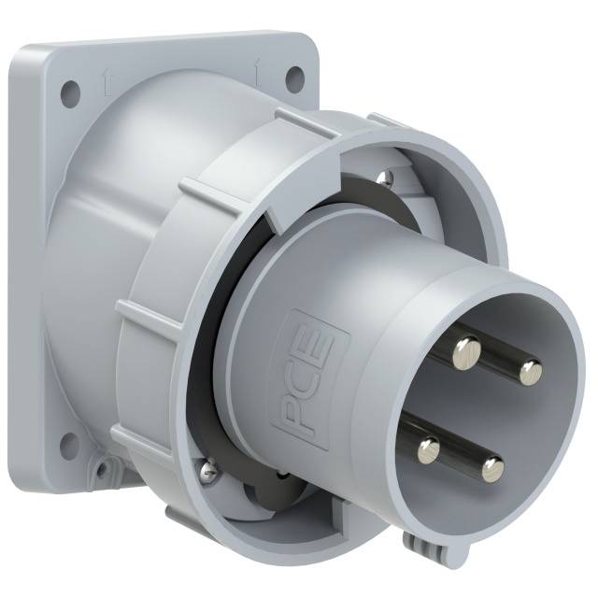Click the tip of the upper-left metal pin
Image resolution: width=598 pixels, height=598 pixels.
pyautogui.click(x=466, y=350)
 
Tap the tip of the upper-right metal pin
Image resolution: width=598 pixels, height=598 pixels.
pyautogui.click(x=531, y=373)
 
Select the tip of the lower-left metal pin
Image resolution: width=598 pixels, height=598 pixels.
pyautogui.click(x=429, y=451)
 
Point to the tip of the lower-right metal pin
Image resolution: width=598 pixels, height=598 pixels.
pyautogui.click(x=492, y=468)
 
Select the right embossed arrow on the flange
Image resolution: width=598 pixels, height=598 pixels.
pyautogui.click(x=256, y=66)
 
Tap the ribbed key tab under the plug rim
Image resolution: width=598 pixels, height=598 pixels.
pyautogui.click(x=417, y=542)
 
